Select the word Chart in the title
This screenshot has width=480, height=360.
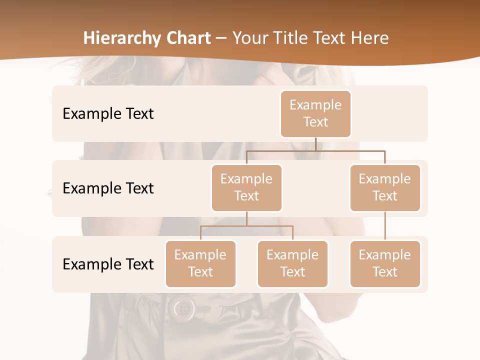coord(184,38)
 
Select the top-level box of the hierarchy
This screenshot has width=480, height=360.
coord(315,113)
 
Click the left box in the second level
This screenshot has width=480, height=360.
coord(246,187)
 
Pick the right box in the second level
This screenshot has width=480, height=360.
coord(385,187)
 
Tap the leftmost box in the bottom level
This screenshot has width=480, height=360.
coord(200,263)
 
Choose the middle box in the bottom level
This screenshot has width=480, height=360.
coord(292,263)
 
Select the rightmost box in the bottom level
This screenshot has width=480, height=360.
coord(385,263)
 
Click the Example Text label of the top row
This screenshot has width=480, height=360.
coord(108,114)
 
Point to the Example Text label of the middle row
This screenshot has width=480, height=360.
coord(108,188)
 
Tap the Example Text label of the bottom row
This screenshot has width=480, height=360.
coord(108,264)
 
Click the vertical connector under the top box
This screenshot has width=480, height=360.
coord(315,144)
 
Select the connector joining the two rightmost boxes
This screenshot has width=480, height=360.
coord(385,226)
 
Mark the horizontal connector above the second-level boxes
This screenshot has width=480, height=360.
coord(315,150)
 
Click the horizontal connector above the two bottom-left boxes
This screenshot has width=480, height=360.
coord(246,226)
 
